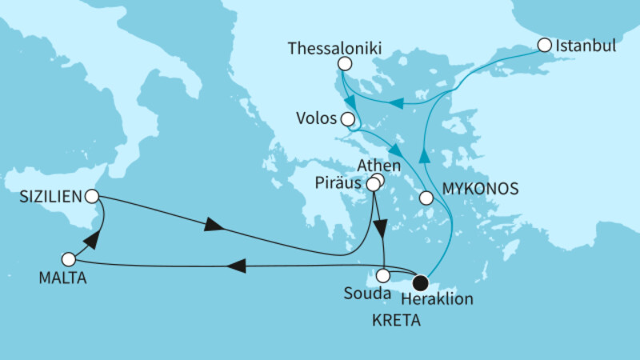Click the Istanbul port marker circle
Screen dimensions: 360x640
coord(545,46)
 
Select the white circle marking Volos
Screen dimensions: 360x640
coord(347,120)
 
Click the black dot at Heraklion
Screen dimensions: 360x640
coord(420,282)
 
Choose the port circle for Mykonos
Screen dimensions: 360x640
coord(426,197)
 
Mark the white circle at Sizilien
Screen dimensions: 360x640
coord(92,195)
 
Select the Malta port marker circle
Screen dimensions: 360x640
coord(68,259)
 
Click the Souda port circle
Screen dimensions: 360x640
coord(384,276)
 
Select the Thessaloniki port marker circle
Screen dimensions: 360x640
coord(345,64)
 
